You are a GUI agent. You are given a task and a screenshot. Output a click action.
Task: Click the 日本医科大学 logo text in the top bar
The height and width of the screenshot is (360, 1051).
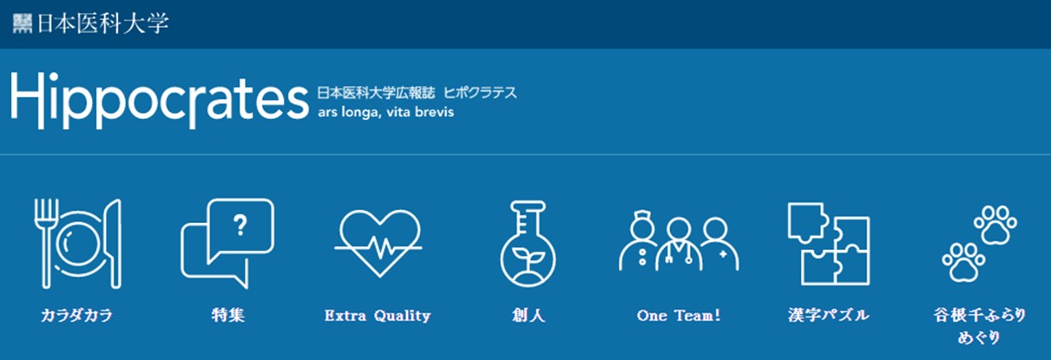click(x=102, y=23)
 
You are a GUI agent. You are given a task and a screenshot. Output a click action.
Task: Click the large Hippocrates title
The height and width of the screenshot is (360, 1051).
click(x=160, y=101)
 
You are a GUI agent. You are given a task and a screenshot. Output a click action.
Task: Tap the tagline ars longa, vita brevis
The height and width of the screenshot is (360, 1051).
click(x=385, y=113)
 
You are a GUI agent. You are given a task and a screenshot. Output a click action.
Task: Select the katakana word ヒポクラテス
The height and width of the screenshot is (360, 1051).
click(x=480, y=92)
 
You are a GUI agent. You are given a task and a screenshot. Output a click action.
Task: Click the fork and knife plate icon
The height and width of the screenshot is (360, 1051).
click(x=78, y=244)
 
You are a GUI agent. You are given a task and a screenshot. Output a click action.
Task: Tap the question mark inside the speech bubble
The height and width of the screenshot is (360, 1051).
click(x=240, y=226)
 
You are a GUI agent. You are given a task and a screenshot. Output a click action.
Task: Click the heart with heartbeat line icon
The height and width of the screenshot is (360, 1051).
click(x=378, y=243)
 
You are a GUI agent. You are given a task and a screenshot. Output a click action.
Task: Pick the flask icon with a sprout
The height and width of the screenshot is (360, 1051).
click(x=528, y=244)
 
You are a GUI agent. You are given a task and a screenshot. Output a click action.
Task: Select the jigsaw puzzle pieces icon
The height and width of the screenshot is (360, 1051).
click(x=829, y=244)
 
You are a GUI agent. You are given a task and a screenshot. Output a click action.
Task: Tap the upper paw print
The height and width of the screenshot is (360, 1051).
click(x=995, y=224)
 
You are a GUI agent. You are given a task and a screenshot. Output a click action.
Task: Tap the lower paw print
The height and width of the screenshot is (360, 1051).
click(x=963, y=262)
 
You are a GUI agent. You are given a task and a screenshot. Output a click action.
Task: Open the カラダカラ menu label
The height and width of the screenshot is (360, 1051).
click(x=77, y=315)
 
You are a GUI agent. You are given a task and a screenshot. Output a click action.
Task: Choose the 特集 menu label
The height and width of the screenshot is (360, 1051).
click(x=228, y=315)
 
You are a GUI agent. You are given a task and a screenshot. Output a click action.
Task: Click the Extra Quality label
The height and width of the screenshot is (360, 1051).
click(x=378, y=316)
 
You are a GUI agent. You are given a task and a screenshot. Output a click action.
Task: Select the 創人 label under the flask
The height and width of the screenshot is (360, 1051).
click(x=529, y=315)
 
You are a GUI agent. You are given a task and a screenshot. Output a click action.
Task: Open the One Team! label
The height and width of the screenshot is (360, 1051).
click(x=679, y=315)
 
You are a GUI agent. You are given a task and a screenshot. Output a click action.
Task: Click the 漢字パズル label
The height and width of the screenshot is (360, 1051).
click(x=829, y=315)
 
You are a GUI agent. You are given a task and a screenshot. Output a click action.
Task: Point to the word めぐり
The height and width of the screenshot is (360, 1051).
click(x=979, y=337)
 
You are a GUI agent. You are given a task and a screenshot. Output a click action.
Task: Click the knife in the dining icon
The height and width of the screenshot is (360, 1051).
click(x=115, y=244)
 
